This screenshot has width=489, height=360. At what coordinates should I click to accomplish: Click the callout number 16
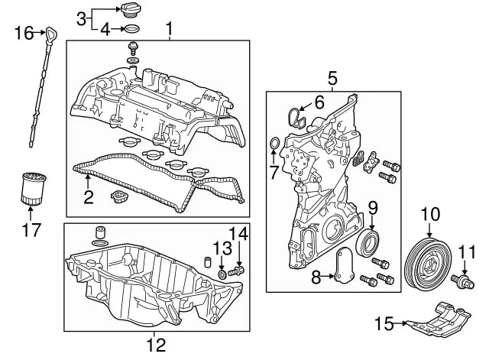(24, 32)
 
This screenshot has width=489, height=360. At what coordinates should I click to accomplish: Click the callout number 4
(106, 30)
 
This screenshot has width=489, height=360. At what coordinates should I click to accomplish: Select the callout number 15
(382, 324)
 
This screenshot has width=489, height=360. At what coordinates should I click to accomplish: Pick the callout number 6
(319, 102)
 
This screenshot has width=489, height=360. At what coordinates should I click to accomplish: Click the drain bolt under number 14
(238, 271)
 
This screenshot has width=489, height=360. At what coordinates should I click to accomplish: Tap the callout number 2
(88, 197)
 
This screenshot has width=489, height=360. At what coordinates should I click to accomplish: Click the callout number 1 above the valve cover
(170, 29)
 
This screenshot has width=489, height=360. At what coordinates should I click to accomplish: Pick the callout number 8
(315, 278)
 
